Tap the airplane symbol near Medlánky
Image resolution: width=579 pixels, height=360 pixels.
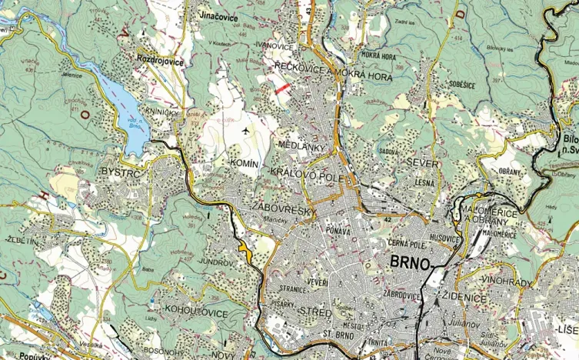click(x=245, y=130)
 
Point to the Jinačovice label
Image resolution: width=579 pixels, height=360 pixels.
click(x=218, y=16)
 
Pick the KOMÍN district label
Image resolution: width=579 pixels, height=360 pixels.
click(x=248, y=164)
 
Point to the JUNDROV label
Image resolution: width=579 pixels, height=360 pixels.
click(x=215, y=262)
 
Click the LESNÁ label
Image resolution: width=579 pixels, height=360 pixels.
click(x=424, y=182)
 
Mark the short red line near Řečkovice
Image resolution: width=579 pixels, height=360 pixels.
click(x=282, y=89)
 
